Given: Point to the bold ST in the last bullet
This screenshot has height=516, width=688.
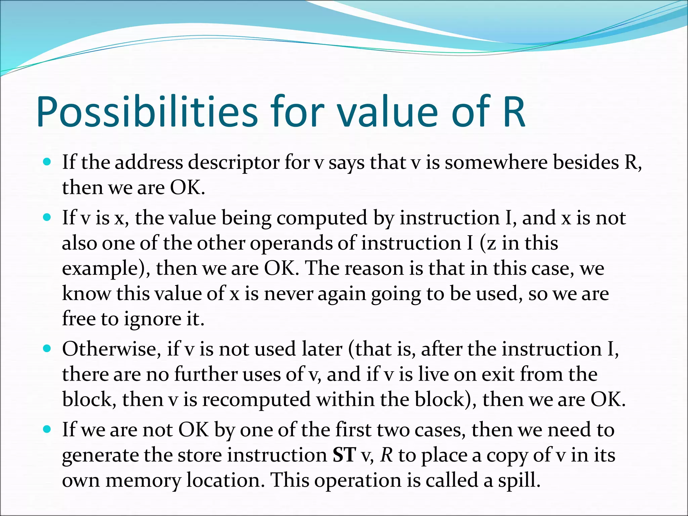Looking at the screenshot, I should click(x=344, y=455).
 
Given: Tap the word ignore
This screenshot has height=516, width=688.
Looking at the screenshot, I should click(x=152, y=319).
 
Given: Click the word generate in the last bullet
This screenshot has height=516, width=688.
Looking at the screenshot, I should click(x=100, y=456).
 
